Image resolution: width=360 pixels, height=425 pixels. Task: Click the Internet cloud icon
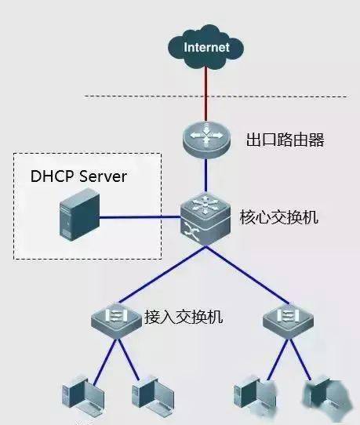(x=205, y=47)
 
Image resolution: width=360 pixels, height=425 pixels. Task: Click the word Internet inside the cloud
(x=206, y=47)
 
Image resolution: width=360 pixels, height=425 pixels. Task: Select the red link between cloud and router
(x=205, y=94)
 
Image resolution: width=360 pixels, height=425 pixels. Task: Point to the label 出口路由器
(x=285, y=140)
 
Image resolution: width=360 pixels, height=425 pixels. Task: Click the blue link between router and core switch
(x=205, y=176)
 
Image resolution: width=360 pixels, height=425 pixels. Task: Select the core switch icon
(x=205, y=219)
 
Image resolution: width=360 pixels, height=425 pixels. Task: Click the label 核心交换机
(x=278, y=217)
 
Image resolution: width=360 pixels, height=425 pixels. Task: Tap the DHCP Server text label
(x=78, y=176)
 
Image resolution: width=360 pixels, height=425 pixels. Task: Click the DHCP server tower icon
(x=79, y=215)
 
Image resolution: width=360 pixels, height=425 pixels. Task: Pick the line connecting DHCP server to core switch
(x=140, y=217)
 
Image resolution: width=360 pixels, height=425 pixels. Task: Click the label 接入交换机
(x=184, y=317)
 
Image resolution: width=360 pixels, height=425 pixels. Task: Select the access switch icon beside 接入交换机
(x=117, y=319)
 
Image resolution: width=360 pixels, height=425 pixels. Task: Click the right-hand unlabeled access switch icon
(x=289, y=319)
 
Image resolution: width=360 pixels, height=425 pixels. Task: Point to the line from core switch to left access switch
(x=162, y=274)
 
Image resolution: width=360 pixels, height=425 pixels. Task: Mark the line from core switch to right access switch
(x=248, y=275)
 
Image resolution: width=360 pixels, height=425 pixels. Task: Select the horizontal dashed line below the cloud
(x=216, y=96)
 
